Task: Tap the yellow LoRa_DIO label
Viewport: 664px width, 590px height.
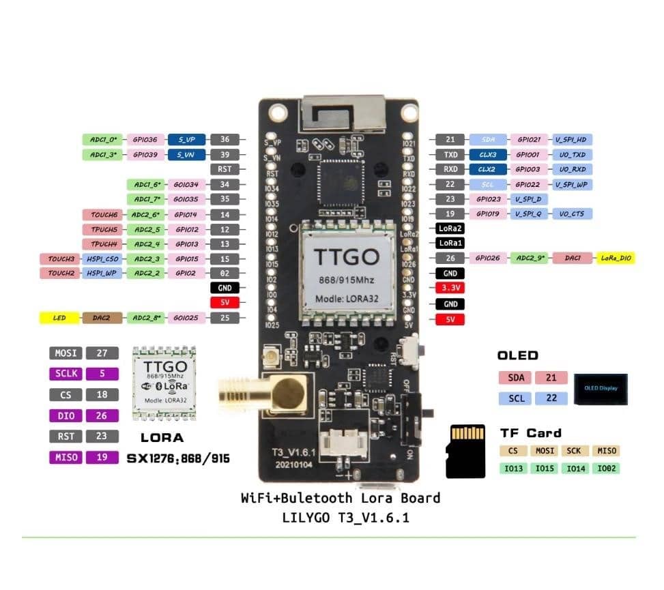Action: [x=616, y=259]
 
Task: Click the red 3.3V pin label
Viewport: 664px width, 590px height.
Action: [x=450, y=288]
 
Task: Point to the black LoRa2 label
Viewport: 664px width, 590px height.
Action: [x=450, y=228]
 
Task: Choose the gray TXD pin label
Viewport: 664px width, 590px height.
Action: [x=450, y=155]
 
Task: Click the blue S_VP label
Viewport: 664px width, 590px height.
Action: [x=187, y=140]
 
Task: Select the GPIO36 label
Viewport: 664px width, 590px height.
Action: [x=145, y=140]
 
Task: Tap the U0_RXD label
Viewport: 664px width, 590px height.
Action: [x=572, y=169]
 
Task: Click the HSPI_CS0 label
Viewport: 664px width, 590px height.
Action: [x=102, y=259]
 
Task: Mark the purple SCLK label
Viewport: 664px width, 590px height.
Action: [x=66, y=373]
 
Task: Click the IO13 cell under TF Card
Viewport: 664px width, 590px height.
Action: [x=515, y=468]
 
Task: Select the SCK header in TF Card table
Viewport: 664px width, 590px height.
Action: [x=574, y=451]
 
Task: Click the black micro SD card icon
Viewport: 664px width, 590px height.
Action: [x=467, y=451]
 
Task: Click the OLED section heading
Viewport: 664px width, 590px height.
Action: [x=517, y=355]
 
